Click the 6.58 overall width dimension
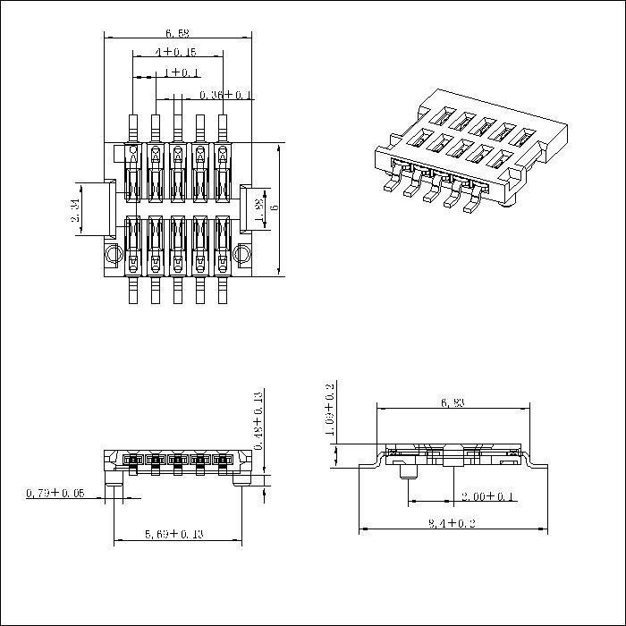coord(177,32)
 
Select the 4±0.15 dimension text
coord(175,53)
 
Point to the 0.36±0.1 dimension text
coord(225,94)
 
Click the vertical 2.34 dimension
coord(75,210)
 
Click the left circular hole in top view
coord(112,255)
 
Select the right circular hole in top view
coord(242,255)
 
